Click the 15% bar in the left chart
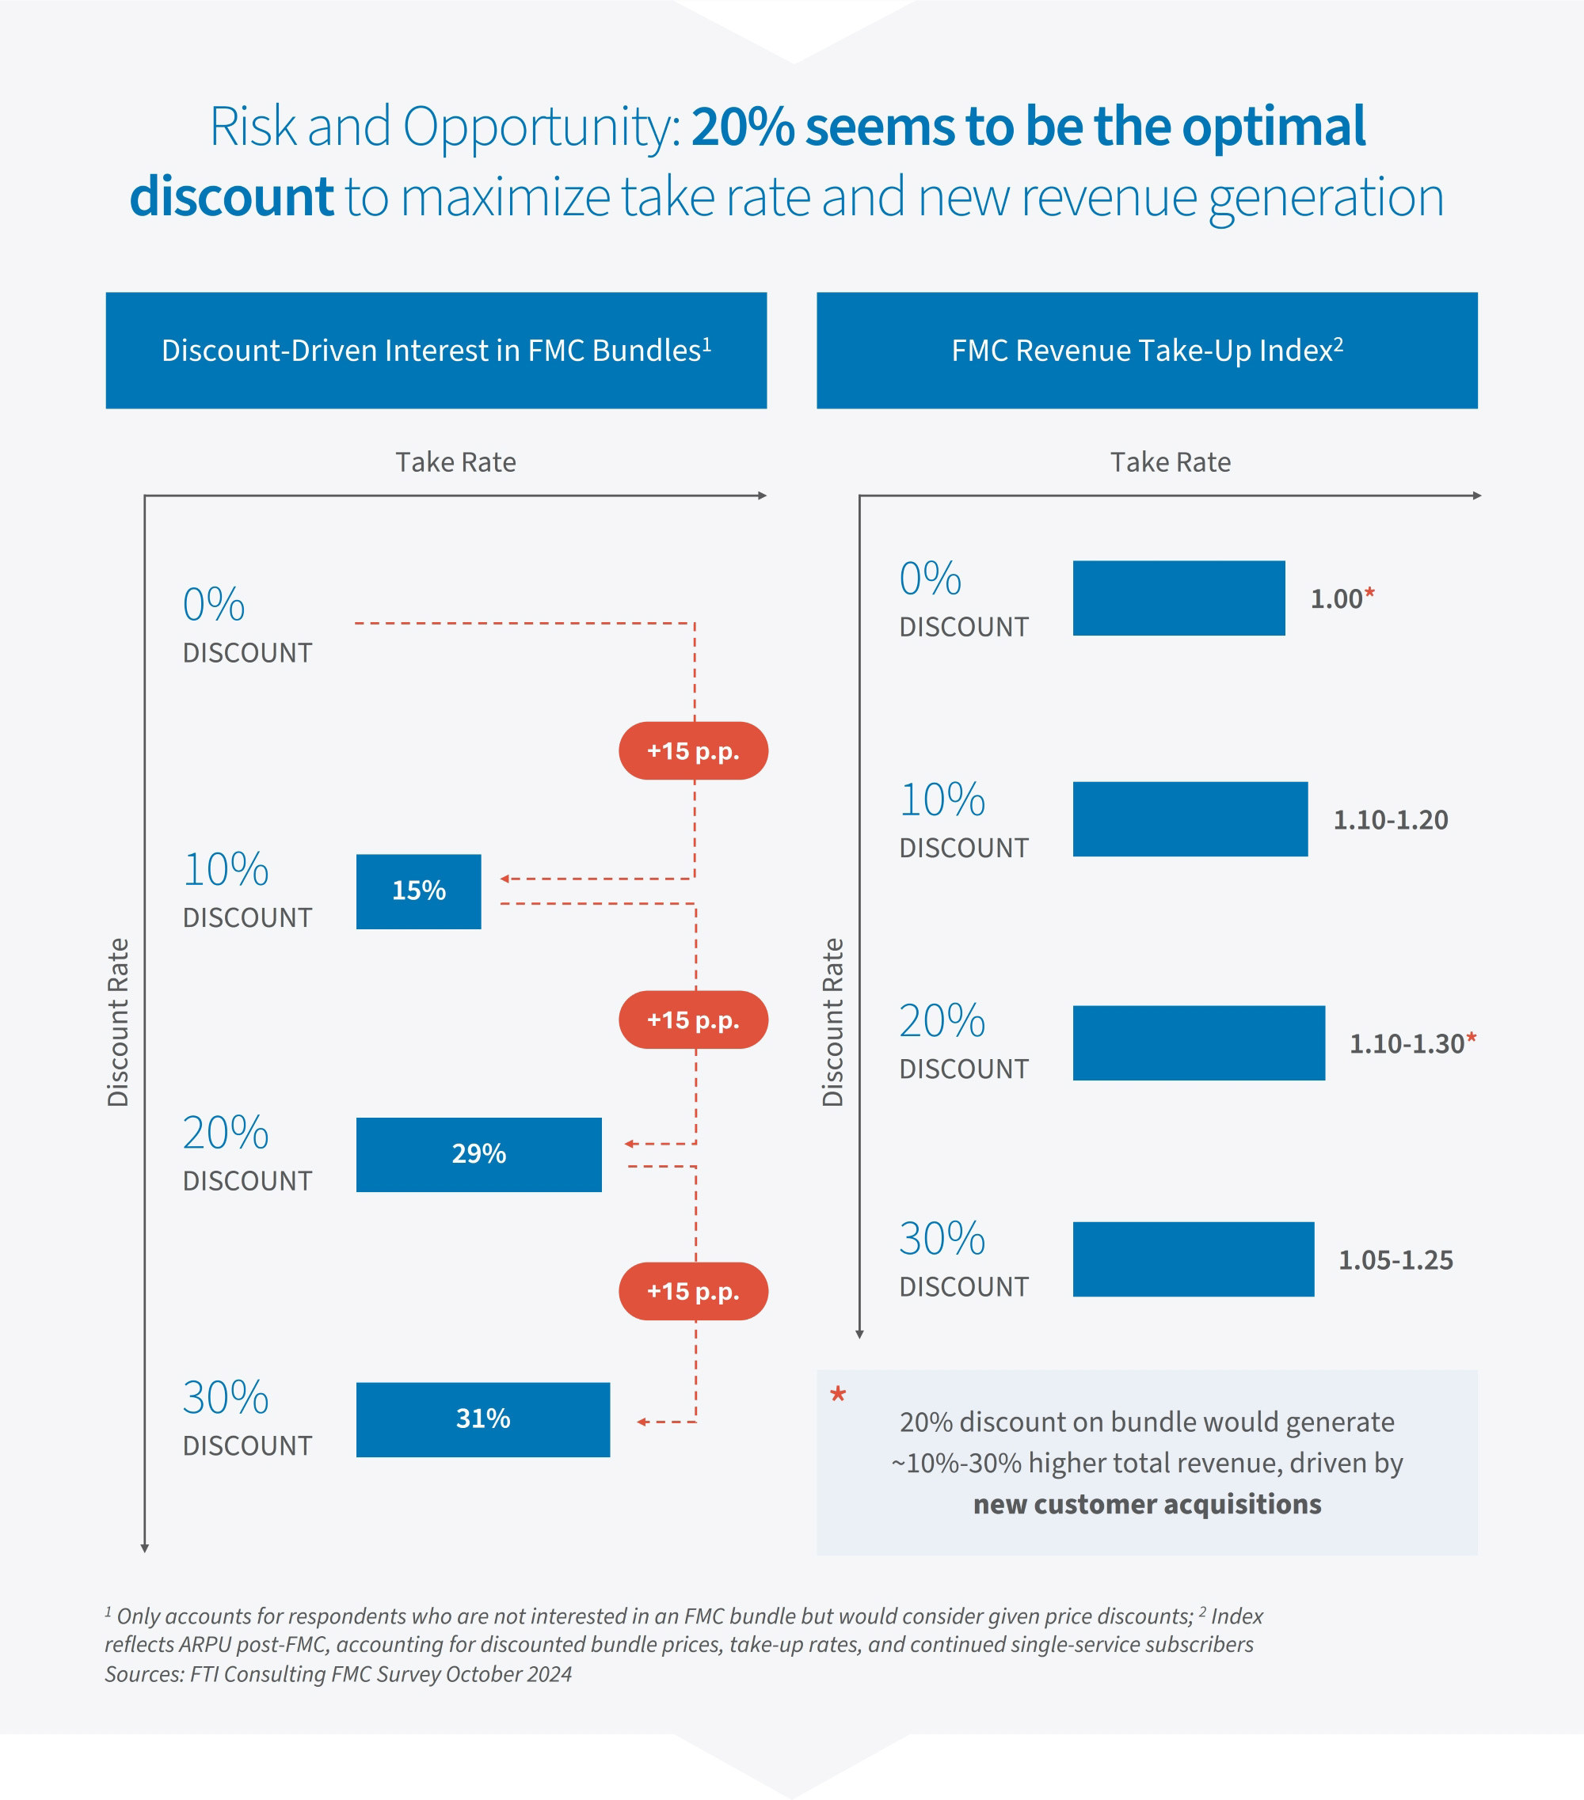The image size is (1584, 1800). pos(418,891)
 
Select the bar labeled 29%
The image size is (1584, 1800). pos(478,1155)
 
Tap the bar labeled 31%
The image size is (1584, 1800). pos(483,1419)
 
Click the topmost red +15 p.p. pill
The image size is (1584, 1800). pos(692,751)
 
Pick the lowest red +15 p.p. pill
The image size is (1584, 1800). pos(692,1291)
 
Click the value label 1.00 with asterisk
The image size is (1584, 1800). pos(1341,599)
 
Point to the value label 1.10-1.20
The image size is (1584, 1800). pos(1389,820)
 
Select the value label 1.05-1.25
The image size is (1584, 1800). pos(1395,1260)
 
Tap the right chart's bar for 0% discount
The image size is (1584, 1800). pos(1178,598)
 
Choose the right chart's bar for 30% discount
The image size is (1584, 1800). pos(1193,1259)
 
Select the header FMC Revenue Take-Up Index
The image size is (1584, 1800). pos(1146,351)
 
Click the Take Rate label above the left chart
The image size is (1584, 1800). pos(455,462)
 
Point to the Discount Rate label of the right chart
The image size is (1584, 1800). pos(832,1022)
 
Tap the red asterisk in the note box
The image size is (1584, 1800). pos(838,1395)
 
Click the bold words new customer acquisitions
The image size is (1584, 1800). pos(1146,1504)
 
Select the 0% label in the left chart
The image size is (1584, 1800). pos(214,605)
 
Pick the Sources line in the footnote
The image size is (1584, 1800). pos(338,1674)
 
